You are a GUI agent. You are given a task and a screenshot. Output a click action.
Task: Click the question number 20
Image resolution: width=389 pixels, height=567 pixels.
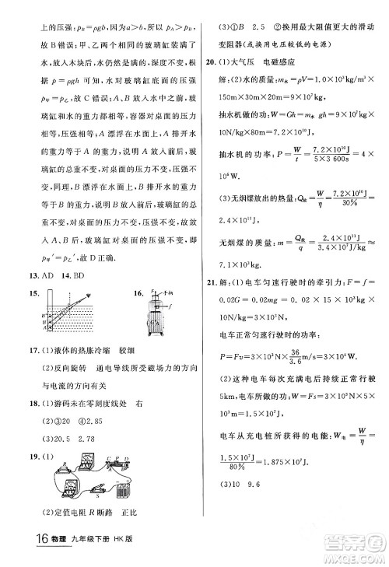coord(209,60)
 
